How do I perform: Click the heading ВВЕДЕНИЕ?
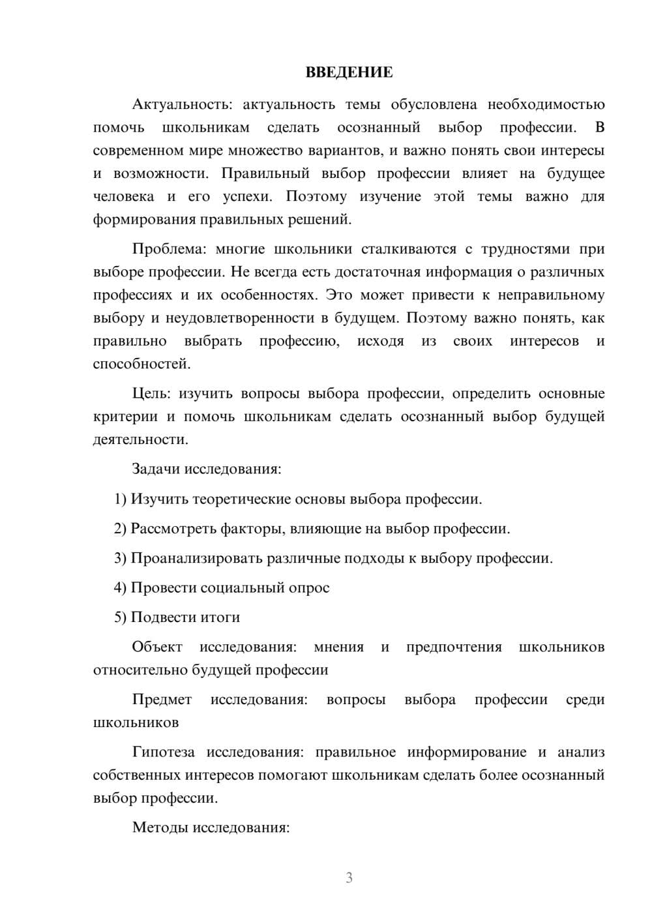[349, 72]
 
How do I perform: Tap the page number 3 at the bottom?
[349, 878]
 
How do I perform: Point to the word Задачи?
[156, 469]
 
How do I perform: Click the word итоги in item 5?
[218, 617]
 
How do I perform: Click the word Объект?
[157, 647]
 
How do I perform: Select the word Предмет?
[162, 700]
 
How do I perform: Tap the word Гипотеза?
[163, 752]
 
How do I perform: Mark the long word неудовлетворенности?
[240, 318]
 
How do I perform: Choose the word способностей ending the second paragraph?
[141, 364]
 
